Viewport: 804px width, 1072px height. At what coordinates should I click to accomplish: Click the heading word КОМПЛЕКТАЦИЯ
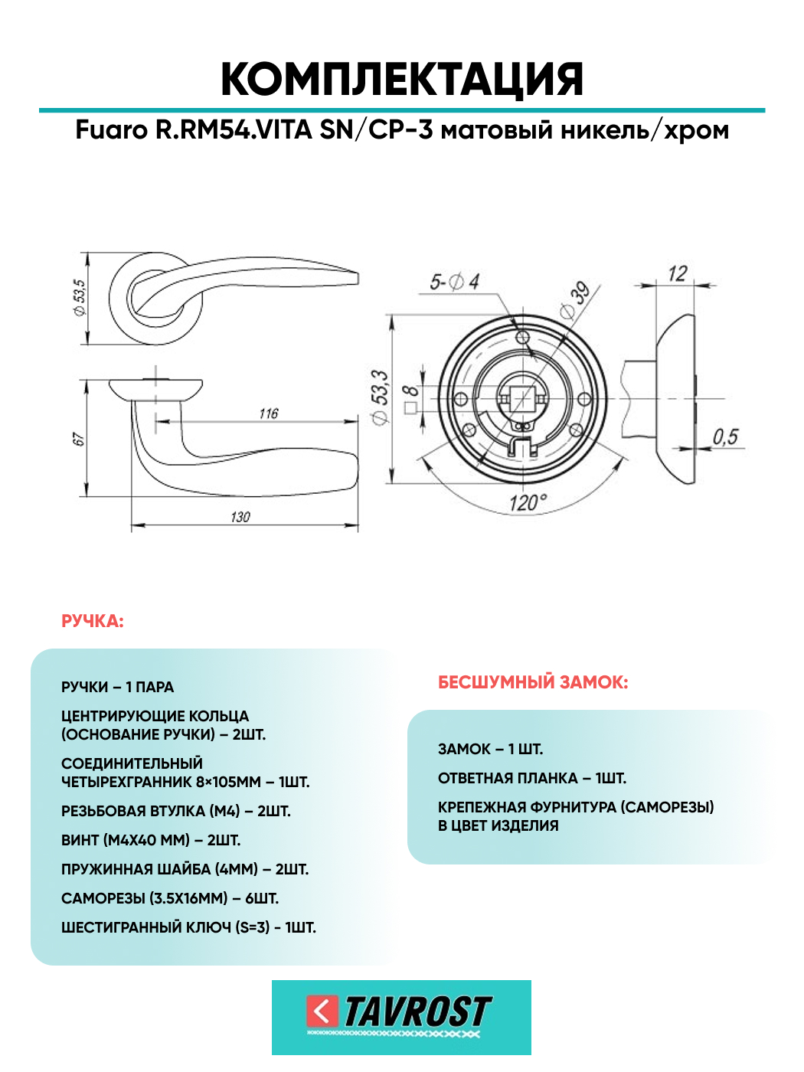point(402,79)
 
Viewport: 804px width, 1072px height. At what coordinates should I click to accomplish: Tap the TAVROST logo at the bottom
point(401,1016)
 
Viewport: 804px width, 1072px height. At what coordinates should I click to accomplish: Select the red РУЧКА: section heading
point(92,621)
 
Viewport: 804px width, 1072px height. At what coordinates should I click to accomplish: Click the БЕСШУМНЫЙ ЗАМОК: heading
point(533,682)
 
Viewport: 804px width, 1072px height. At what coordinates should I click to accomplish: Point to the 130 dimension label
point(240,517)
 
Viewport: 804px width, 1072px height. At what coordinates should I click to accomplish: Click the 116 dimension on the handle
point(269,413)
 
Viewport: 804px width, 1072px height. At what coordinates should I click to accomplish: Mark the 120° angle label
point(528,503)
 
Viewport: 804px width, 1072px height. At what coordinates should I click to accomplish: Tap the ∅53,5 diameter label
point(80,298)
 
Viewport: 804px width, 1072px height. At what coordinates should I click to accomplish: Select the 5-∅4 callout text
point(454,282)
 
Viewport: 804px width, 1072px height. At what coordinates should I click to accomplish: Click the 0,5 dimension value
point(724,436)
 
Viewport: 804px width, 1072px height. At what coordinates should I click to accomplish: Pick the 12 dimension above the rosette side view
point(678,273)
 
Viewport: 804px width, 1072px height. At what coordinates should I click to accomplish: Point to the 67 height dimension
point(79,439)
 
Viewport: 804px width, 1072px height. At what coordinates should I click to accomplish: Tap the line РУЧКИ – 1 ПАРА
point(117,687)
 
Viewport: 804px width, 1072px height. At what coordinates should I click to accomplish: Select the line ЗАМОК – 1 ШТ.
point(490,749)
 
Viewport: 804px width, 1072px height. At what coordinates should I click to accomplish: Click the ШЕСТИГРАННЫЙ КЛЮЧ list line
point(188,927)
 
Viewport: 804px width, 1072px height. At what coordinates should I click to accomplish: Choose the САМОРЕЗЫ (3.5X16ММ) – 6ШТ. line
point(170,898)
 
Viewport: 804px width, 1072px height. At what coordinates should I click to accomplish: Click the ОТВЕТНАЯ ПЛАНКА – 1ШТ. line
point(532,778)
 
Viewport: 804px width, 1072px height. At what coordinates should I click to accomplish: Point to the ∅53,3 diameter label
point(381,396)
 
